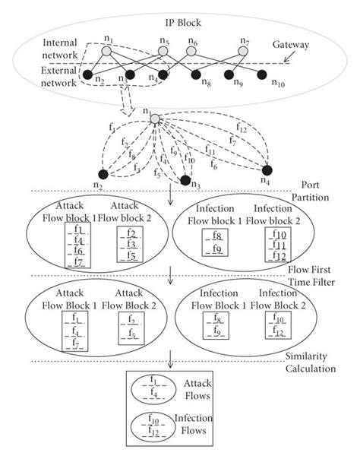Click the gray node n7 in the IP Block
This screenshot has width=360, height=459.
pyautogui.click(x=242, y=51)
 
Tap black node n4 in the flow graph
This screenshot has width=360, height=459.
pyautogui.click(x=267, y=170)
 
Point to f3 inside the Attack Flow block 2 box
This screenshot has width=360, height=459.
pyautogui.click(x=131, y=244)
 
